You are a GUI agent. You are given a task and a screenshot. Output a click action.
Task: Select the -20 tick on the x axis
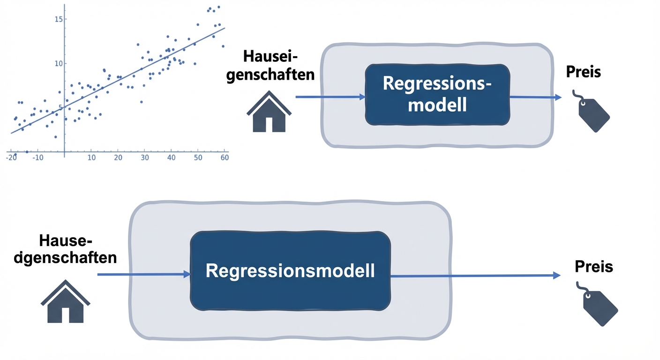[x=11, y=157]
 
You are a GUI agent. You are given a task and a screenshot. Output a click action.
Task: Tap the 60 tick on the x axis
[x=225, y=157]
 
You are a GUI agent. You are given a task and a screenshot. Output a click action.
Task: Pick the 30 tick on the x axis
[x=145, y=157]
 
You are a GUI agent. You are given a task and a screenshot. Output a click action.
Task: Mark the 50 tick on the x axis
[x=198, y=157]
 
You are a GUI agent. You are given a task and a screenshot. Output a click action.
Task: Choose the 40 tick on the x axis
[x=172, y=157]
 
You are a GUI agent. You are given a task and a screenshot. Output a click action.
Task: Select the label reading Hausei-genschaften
[x=270, y=66]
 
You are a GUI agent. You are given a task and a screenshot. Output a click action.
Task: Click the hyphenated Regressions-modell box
[x=437, y=94]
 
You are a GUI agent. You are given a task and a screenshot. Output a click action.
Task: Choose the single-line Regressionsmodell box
[x=290, y=271]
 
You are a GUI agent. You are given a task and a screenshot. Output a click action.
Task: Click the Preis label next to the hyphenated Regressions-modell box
[x=583, y=72]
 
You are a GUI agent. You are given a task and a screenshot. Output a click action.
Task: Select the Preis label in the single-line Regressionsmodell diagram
[x=593, y=267]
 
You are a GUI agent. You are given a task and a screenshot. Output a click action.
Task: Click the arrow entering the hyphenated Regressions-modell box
[x=330, y=97]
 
